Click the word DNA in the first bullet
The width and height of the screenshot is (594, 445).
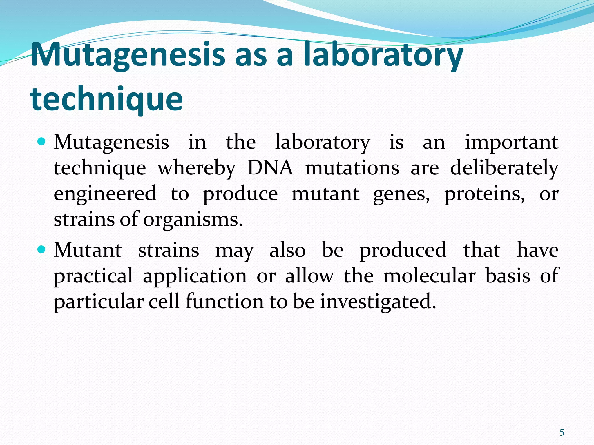tap(270, 168)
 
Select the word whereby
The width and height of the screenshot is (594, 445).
tap(196, 168)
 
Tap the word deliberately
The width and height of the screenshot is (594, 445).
tap(504, 168)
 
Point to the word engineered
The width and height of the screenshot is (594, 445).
tap(105, 194)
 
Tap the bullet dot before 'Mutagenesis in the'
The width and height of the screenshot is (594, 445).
tap(42, 142)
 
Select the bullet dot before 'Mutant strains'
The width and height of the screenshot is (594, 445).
tap(42, 249)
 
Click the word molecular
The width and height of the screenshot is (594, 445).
tap(429, 276)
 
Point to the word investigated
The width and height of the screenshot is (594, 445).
tap(378, 301)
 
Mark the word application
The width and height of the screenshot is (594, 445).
tap(195, 276)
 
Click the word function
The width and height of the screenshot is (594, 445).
tap(225, 301)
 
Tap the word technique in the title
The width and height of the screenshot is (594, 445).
tap(106, 99)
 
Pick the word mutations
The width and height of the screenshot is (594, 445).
tap(352, 168)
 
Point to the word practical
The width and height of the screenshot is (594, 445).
tap(93, 276)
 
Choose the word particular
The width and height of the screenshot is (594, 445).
tap(99, 302)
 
